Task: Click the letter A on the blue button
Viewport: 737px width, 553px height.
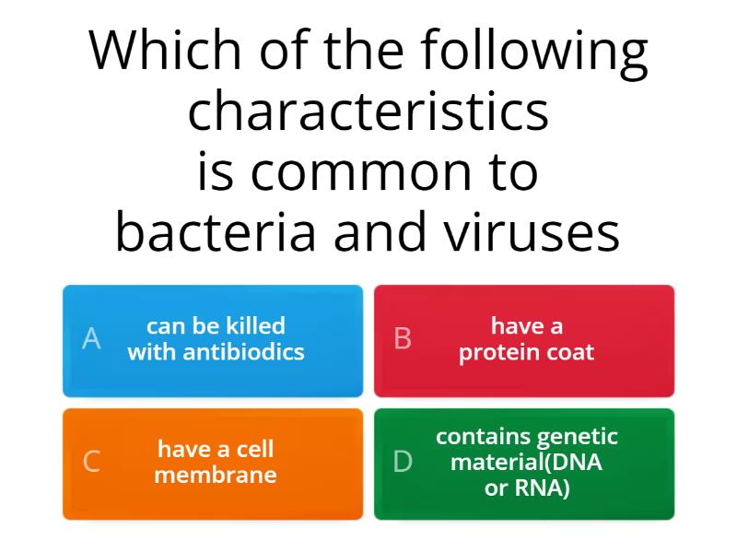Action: coord(91,339)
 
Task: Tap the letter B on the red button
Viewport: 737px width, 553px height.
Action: coord(403,339)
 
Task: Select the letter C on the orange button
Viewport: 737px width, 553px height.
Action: coord(91,463)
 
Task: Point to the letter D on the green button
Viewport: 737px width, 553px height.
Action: coord(403,463)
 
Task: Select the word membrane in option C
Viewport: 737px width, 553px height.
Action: coord(216,476)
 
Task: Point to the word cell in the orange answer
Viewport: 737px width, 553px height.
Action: coord(254,450)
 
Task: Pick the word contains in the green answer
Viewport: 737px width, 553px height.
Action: coord(482,437)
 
